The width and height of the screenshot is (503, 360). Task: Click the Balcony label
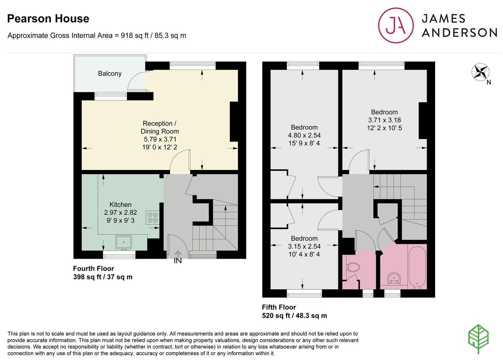click(x=110, y=73)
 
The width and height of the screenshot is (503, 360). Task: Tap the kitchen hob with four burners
click(x=153, y=217)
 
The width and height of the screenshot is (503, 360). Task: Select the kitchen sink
click(x=124, y=242)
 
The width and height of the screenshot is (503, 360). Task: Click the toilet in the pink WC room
click(x=353, y=267)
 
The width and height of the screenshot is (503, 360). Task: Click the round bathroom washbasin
click(x=394, y=278)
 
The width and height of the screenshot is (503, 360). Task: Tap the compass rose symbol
click(x=480, y=72)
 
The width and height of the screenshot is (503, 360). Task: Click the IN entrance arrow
click(x=178, y=254)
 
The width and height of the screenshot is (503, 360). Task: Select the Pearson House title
click(x=48, y=18)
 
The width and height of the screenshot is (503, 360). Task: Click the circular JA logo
click(x=396, y=25)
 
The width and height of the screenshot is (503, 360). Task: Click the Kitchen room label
click(x=120, y=204)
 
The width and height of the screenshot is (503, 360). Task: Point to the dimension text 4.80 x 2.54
click(x=304, y=135)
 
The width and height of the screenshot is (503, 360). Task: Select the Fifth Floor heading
click(x=279, y=307)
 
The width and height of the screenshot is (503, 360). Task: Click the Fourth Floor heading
click(x=93, y=269)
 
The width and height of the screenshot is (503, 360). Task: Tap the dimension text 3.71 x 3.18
click(x=384, y=120)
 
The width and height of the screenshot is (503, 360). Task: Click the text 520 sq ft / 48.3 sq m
click(x=294, y=316)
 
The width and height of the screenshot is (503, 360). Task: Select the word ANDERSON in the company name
click(x=459, y=33)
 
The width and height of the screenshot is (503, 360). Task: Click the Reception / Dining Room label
click(x=160, y=127)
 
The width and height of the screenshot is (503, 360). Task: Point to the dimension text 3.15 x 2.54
click(x=304, y=246)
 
